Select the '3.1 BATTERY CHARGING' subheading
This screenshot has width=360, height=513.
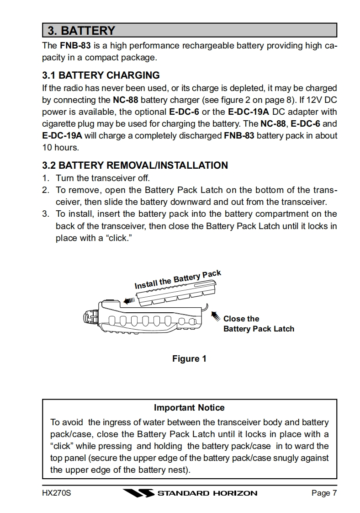(101, 75)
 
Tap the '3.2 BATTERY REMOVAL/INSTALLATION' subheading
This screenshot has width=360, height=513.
(135, 165)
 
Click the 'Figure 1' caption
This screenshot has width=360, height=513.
(189, 359)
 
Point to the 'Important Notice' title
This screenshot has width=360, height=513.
(189, 407)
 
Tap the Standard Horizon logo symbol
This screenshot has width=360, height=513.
(139, 493)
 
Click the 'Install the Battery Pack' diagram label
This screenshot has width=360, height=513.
(177, 279)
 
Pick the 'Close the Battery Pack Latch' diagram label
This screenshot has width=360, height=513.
(258, 324)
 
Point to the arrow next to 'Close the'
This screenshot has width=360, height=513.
(214, 315)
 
